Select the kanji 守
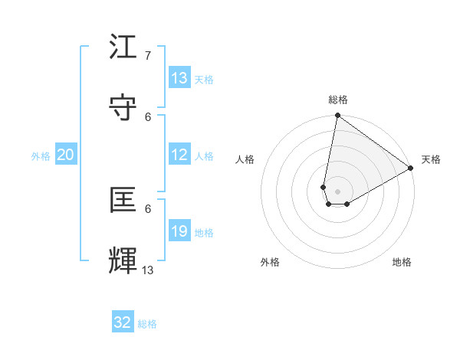point(123,108)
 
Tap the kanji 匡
point(123,200)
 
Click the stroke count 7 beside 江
point(148,55)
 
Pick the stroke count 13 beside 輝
point(148,270)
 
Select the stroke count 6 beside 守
point(148,116)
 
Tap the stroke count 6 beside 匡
point(148,208)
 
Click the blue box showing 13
point(179,77)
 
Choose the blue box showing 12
point(179,154)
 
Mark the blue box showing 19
point(179,231)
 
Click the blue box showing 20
point(66,154)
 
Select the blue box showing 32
point(123,322)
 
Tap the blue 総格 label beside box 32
point(148,324)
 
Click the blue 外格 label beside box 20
point(41,156)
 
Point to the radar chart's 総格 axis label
point(338,100)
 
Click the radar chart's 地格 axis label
point(402,262)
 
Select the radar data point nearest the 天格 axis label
point(411,169)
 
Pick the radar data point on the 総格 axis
point(337,116)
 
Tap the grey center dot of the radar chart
point(337,191)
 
